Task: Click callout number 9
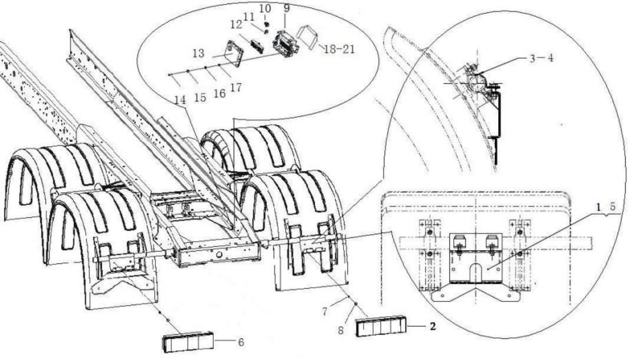286,8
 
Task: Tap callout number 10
265,8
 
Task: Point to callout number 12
236,25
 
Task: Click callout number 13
198,53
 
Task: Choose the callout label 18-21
339,50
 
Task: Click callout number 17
236,87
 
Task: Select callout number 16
220,93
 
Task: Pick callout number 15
200,98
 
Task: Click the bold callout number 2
433,327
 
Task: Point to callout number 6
241,342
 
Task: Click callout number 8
340,330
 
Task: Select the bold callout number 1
598,207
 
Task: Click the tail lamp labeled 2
381,326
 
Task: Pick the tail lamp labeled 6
188,342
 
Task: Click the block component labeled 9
286,44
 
